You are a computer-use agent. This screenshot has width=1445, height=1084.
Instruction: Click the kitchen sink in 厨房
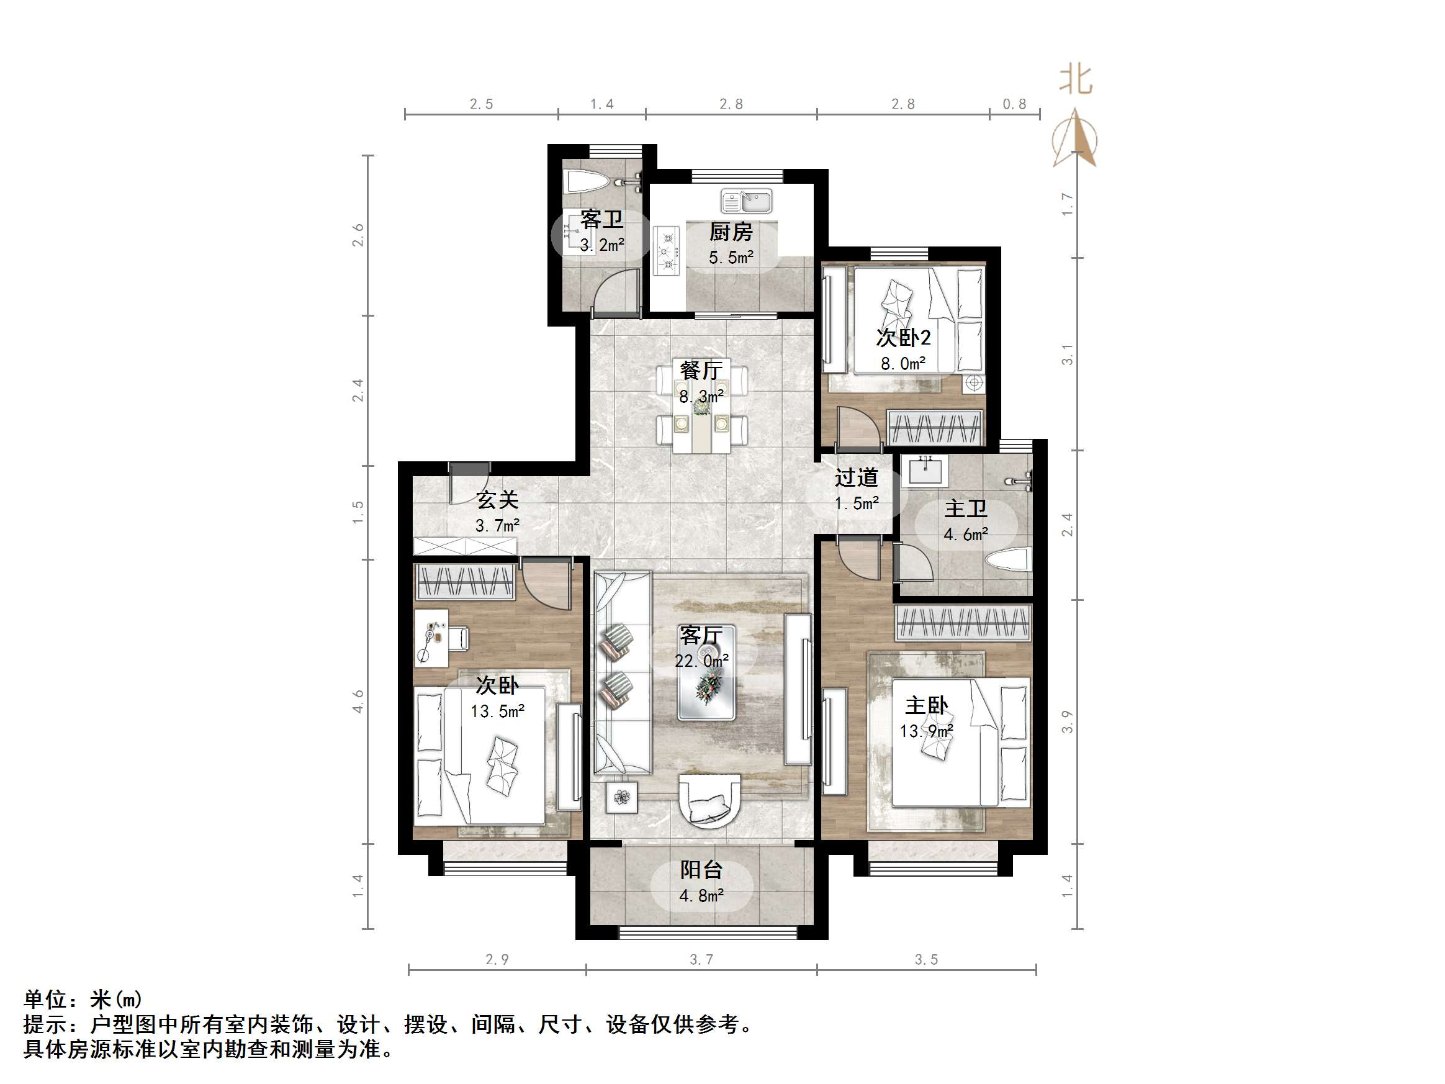click(746, 201)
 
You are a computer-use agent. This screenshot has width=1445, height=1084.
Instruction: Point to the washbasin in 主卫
click(924, 471)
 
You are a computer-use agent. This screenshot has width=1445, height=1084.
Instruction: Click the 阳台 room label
click(701, 870)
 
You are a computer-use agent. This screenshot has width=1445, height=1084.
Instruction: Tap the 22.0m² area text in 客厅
click(701, 661)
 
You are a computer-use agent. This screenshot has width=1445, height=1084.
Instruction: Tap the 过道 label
click(856, 477)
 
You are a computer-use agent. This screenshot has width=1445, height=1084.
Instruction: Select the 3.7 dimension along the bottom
click(701, 959)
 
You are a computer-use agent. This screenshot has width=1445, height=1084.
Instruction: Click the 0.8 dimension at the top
click(1014, 104)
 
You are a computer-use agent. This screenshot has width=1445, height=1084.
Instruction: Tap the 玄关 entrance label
click(497, 500)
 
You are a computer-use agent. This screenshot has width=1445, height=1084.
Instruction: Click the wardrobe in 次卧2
click(935, 428)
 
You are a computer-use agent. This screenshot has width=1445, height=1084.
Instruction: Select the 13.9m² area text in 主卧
click(925, 731)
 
